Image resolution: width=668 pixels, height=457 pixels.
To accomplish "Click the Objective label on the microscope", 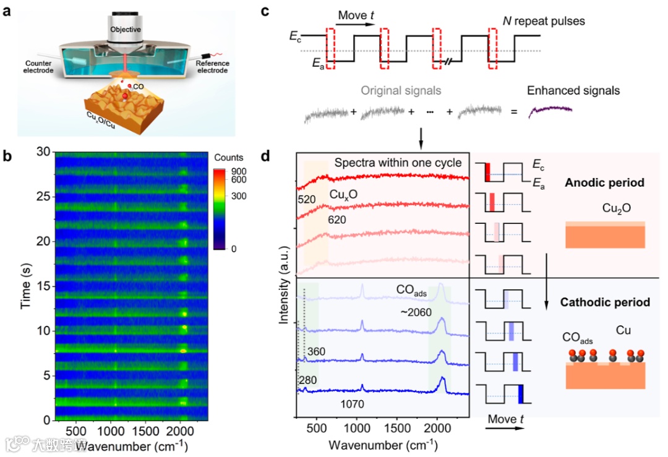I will [126, 29].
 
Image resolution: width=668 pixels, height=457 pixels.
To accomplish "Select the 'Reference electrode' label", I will [212, 67].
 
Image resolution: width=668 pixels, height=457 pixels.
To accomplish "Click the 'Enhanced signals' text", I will [573, 91].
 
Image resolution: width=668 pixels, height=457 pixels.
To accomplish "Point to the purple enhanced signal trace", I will [549, 112].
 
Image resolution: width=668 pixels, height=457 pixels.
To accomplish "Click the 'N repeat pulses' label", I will [544, 21].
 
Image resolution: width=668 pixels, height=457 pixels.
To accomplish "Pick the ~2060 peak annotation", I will [416, 313].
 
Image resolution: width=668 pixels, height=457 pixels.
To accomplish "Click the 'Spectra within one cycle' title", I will [398, 163].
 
